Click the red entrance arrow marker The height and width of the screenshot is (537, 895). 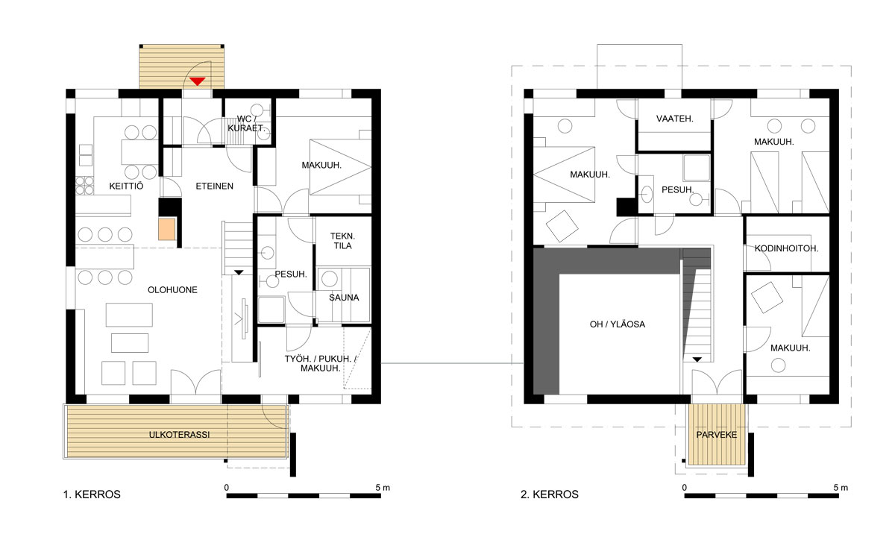(x=198, y=81)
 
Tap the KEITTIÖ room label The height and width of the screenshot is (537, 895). (x=126, y=186)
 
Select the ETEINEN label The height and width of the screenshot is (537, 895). (x=215, y=186)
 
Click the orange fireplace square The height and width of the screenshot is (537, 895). (x=166, y=230)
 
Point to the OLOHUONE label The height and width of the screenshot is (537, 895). (x=172, y=289)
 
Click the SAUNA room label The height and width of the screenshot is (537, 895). (x=344, y=298)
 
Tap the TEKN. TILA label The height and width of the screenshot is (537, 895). (x=343, y=241)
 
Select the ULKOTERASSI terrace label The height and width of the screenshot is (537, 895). (x=180, y=435)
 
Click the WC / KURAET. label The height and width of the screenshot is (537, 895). (x=246, y=124)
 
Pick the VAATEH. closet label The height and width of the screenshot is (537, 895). (x=675, y=119)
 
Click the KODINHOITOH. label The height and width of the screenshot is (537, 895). (x=786, y=248)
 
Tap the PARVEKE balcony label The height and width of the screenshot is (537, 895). (x=717, y=435)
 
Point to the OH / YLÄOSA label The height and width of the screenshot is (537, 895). (x=618, y=324)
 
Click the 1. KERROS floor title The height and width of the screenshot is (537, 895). (x=92, y=494)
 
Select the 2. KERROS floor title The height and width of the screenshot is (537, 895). (x=550, y=494)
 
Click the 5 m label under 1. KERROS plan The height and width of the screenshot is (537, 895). (x=383, y=488)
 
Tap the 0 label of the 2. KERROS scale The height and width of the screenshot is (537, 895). (x=685, y=488)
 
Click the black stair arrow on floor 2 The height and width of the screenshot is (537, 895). (x=697, y=359)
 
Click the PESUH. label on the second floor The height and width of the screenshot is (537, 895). (x=678, y=189)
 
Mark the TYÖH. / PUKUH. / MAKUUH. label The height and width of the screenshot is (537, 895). (x=321, y=363)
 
